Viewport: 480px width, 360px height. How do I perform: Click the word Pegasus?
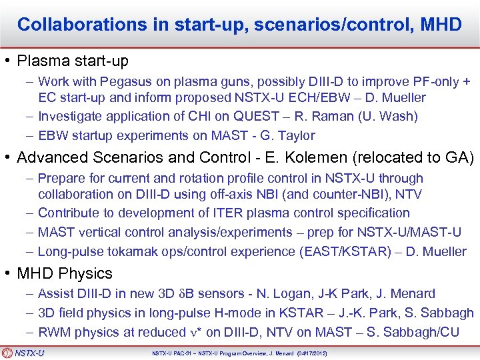(x=123, y=82)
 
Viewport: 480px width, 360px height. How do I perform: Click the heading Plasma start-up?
(x=73, y=61)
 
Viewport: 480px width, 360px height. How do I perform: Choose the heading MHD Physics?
(x=65, y=273)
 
